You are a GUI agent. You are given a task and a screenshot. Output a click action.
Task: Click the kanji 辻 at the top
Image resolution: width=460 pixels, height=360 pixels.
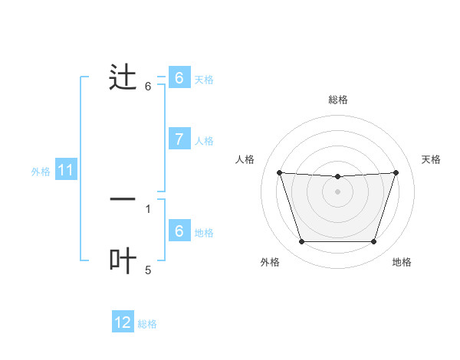(123, 79)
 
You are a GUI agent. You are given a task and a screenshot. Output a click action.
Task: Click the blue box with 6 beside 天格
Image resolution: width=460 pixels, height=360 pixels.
(179, 78)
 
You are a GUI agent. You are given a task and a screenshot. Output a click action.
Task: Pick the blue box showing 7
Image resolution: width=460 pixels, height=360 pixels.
(179, 139)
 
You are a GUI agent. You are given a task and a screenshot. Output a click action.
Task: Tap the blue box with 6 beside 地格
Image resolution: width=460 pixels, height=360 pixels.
(179, 231)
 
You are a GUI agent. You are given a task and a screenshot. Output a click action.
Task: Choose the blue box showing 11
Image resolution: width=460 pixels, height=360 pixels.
(65, 171)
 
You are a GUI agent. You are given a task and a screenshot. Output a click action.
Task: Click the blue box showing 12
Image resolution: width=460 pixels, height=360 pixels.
(123, 322)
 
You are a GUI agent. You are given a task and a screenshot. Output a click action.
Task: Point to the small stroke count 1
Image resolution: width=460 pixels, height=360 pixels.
(148, 208)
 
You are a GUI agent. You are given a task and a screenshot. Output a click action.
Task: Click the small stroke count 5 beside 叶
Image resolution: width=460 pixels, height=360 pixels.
(148, 270)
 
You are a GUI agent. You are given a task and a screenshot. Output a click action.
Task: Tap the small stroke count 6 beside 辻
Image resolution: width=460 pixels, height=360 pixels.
(148, 87)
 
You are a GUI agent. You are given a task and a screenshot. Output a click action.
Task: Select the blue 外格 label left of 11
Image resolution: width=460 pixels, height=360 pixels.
(41, 172)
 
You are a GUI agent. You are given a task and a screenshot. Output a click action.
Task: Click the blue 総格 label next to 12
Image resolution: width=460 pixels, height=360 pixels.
(147, 324)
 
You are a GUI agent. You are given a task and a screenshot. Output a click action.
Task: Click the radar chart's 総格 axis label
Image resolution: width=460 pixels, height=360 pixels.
(337, 100)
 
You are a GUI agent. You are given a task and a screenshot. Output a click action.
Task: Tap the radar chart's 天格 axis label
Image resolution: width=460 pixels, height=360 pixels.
(431, 159)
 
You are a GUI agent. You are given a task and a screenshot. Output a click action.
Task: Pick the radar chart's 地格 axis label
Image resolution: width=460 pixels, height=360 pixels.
(402, 262)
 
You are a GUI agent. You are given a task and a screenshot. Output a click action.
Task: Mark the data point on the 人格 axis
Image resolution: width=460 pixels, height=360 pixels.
(279, 172)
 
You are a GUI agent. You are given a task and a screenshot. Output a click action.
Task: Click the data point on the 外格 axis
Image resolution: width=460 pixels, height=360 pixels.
(301, 242)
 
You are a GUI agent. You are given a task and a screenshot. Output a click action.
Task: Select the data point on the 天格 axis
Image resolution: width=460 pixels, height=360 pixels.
(396, 172)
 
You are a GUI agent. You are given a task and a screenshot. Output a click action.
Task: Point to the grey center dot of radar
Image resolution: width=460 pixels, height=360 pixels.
(337, 191)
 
